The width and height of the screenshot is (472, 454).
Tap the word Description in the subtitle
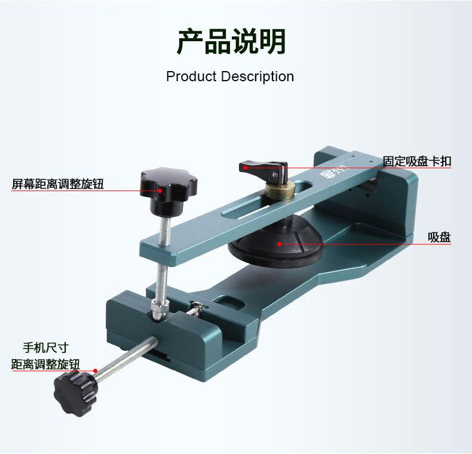coord(258,77)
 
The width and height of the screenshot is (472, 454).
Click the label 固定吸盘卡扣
coord(417,161)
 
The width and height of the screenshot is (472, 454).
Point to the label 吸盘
coord(439,238)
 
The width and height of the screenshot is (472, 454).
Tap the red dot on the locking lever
coord(245,168)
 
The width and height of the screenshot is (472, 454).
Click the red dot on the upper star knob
coord(161,191)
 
